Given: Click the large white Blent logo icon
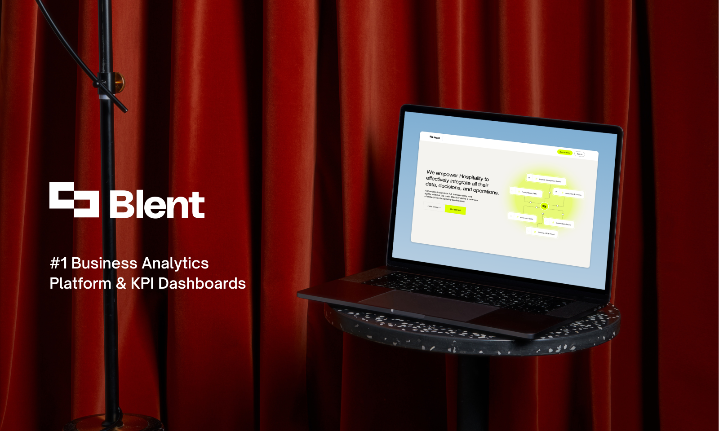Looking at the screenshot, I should point(74,199).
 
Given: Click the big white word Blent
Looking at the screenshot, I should point(157,205).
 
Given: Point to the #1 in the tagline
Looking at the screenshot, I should point(58,263).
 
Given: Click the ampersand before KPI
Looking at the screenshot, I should point(121,283).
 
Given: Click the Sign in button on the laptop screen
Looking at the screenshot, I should point(579,154).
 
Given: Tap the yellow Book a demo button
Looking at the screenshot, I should point(564,152).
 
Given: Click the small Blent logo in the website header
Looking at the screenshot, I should point(435,137).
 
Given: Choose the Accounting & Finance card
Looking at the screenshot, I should point(569,194).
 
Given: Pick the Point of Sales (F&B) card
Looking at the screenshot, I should point(526,193).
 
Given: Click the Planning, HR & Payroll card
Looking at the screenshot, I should point(542,233).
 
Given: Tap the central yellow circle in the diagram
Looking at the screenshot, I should point(544,206).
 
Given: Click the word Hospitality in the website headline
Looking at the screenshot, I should point(471,177).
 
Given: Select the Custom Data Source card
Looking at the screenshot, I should point(560,223).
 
